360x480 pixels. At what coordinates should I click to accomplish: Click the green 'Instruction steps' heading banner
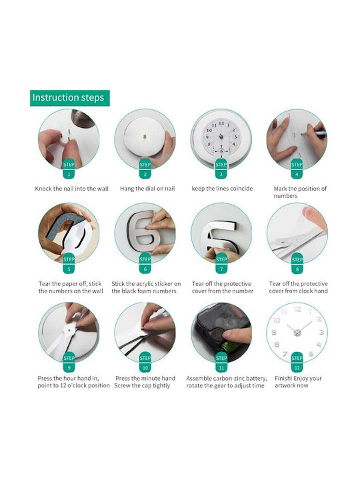pos(70,98)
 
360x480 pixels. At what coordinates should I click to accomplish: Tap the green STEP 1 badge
pos(69,169)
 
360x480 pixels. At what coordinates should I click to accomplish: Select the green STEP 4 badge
pos(297,169)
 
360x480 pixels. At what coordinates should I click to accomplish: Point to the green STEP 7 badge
pos(221,263)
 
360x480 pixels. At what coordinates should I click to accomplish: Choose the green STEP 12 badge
pos(297,362)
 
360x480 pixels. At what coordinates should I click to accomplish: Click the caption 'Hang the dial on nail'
pos(147,189)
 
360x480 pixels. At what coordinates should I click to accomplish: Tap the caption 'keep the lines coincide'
pos(222,189)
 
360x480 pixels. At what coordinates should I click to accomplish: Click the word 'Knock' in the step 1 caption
pos(43,189)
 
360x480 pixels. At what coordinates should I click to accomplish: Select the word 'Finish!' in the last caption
pos(283,379)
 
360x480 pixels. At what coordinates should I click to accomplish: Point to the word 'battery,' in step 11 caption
pos(256,379)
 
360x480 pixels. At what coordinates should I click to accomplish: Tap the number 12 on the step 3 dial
pos(221,123)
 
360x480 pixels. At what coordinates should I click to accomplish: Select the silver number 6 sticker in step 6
pos(143,232)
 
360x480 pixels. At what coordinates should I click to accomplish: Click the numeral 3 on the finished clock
pos(321,333)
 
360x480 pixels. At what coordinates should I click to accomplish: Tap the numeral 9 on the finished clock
pos(274,333)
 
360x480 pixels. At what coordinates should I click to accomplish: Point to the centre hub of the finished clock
pos(297,333)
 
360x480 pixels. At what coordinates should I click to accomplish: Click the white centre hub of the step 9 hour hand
pos(69,331)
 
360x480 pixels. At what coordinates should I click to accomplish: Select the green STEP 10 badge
pos(145,362)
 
